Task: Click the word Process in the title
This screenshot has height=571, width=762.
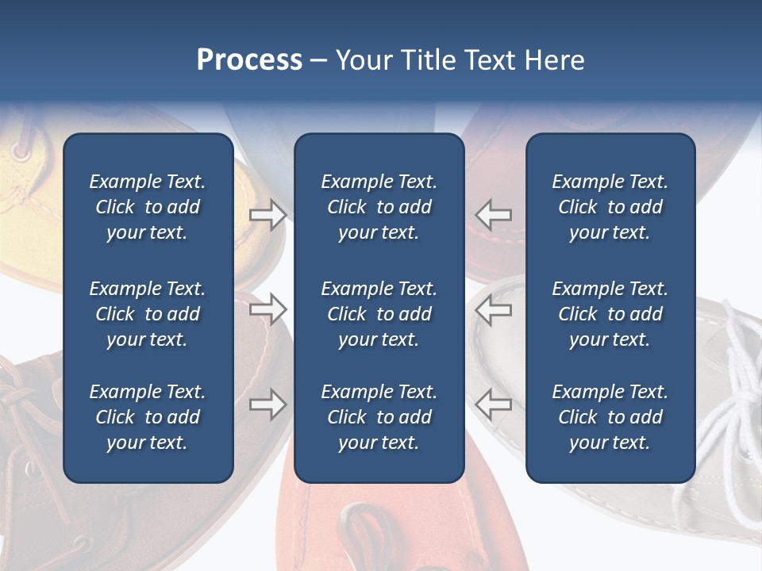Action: (249, 60)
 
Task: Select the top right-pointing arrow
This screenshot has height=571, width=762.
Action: (267, 215)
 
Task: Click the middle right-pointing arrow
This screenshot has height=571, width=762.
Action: (267, 309)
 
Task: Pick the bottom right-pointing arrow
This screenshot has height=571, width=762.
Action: (267, 405)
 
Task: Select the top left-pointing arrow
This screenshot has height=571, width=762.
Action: (494, 215)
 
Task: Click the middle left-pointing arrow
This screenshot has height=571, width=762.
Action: (494, 309)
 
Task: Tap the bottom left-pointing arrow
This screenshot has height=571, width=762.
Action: (494, 405)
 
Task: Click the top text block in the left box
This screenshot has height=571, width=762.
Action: (148, 207)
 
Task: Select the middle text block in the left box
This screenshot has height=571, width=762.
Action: (148, 314)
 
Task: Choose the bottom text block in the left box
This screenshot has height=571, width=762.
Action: (148, 417)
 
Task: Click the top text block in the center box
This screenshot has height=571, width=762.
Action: (379, 207)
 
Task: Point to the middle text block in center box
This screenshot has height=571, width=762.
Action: (379, 314)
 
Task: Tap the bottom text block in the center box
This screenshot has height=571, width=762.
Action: (379, 417)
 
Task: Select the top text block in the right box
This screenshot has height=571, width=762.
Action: (610, 207)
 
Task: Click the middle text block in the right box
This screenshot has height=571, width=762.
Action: (610, 314)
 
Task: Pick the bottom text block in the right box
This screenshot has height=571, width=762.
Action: (610, 417)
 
